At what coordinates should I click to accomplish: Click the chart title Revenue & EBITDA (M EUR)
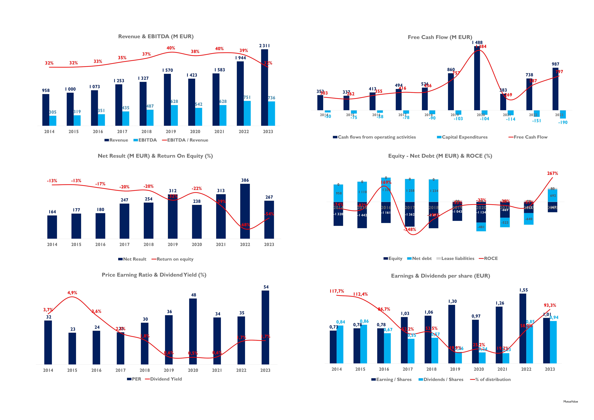[156, 36]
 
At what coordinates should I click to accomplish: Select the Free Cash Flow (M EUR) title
[440, 37]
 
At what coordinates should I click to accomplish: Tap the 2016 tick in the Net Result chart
[100, 244]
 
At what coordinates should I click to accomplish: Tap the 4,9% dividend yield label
[72, 293]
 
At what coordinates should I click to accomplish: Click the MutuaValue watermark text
[570, 402]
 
